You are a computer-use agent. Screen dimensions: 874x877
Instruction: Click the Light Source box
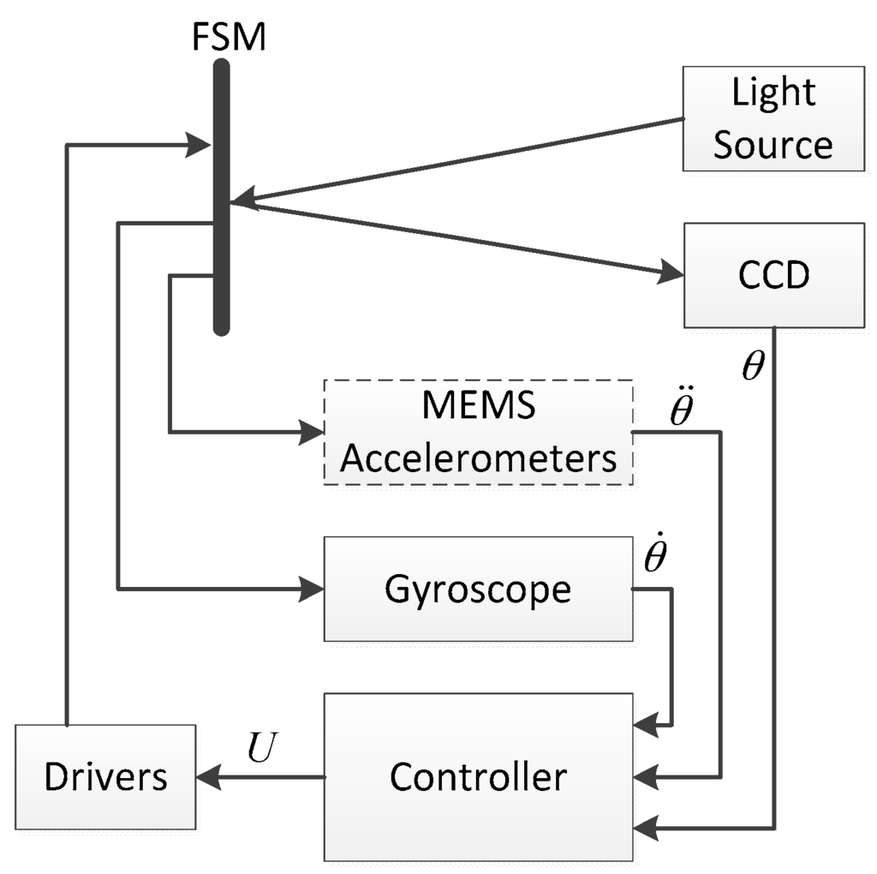click(x=773, y=119)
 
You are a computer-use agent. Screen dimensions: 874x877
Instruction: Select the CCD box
click(x=773, y=275)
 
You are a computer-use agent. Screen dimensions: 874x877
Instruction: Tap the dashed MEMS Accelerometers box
click(x=478, y=433)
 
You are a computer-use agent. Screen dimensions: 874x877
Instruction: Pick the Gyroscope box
click(x=478, y=589)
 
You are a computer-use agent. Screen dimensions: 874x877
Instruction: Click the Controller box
click(x=478, y=777)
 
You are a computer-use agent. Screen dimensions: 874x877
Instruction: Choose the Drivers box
click(x=105, y=777)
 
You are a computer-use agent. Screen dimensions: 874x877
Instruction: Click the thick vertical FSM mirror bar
click(x=221, y=197)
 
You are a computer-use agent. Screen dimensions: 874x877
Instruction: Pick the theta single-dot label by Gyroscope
click(x=655, y=558)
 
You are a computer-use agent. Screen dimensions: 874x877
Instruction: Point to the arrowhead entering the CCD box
click(x=672, y=274)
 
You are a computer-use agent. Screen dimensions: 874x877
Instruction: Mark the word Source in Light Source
click(x=773, y=145)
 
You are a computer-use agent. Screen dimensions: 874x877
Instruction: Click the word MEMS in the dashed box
click(x=479, y=406)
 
